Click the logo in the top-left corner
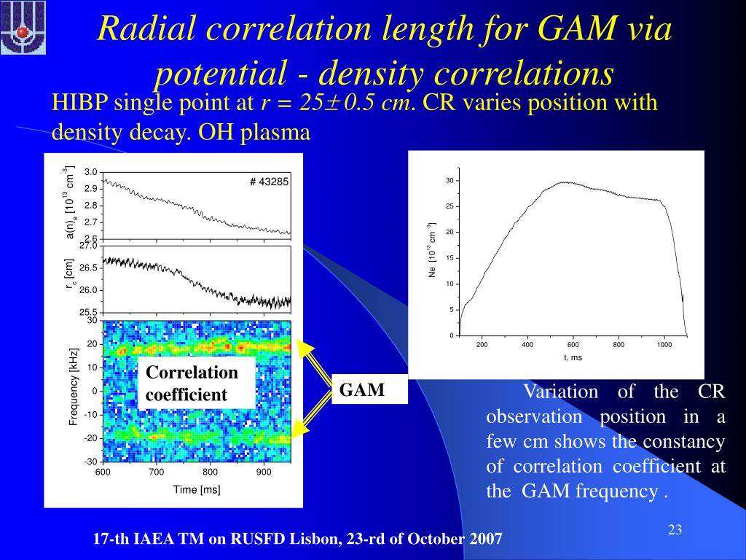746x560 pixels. pyautogui.click(x=23, y=28)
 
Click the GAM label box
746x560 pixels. pyautogui.click(x=362, y=390)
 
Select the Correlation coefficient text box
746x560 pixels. pyautogui.click(x=195, y=384)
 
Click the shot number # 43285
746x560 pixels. pyautogui.click(x=270, y=182)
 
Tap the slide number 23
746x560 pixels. pyautogui.click(x=675, y=529)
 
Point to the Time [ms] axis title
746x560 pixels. pyautogui.click(x=197, y=489)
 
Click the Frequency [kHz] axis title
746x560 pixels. pyautogui.click(x=74, y=387)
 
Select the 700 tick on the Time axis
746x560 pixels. pyautogui.click(x=157, y=472)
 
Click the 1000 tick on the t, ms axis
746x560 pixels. pyautogui.click(x=663, y=345)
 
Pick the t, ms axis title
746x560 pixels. pyautogui.click(x=573, y=357)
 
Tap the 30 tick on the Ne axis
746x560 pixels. pyautogui.click(x=450, y=181)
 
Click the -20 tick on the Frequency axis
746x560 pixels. pyautogui.click(x=90, y=438)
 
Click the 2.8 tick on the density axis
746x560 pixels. pyautogui.click(x=91, y=205)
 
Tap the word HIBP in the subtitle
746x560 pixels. pyautogui.click(x=76, y=103)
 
